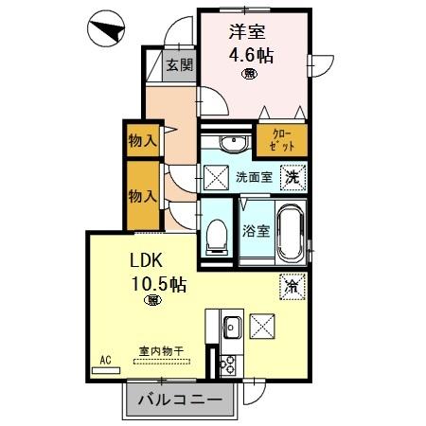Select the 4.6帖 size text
tap(251, 55)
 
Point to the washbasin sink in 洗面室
tap(229, 143)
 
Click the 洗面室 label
tap(254, 177)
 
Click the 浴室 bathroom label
tap(255, 229)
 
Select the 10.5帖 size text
tap(151, 282)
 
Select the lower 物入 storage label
tap(143, 196)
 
